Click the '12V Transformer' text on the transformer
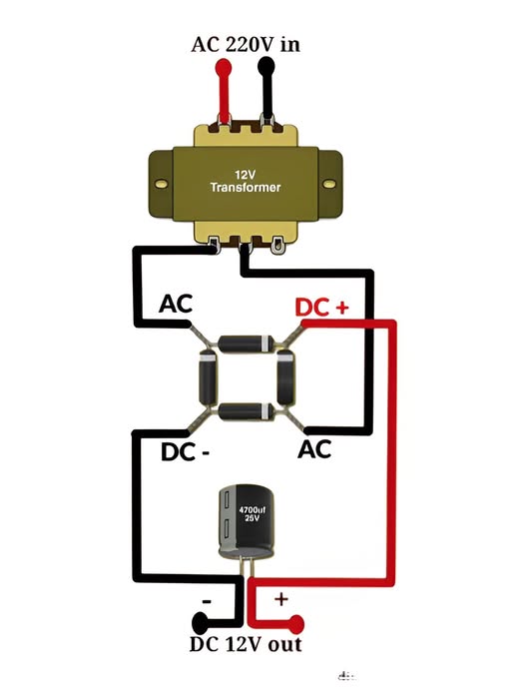click(x=246, y=181)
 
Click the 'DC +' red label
click(x=321, y=308)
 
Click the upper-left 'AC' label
click(x=176, y=304)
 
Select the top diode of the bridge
click(x=246, y=344)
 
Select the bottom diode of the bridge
click(x=246, y=410)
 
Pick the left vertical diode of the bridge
click(x=208, y=377)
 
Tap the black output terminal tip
click(x=201, y=625)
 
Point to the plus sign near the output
click(x=281, y=599)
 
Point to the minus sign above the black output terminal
click(x=206, y=601)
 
